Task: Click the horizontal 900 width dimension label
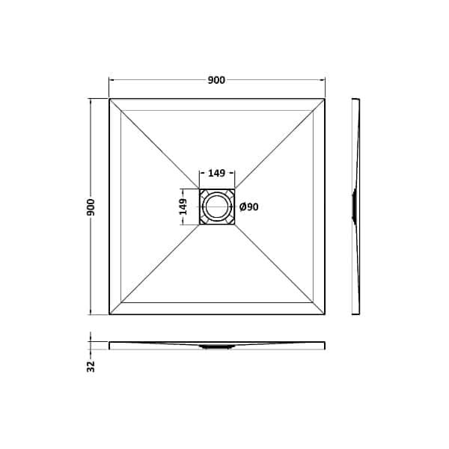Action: [217, 81]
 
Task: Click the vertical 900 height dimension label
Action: [91, 207]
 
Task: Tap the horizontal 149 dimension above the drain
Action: [217, 174]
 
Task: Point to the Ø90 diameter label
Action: [249, 207]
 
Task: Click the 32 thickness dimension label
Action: [91, 366]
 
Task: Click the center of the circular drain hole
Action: [217, 207]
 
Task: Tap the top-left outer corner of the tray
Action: [109, 98]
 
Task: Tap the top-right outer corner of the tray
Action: [326, 98]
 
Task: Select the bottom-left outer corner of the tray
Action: [109, 315]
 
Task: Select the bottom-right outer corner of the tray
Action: [326, 315]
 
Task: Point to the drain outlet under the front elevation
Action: [217, 346]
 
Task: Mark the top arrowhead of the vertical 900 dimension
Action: [91, 101]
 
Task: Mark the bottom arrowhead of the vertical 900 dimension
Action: [91, 312]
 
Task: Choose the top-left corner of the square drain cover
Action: [199, 189]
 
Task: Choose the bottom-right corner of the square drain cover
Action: [235, 224]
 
